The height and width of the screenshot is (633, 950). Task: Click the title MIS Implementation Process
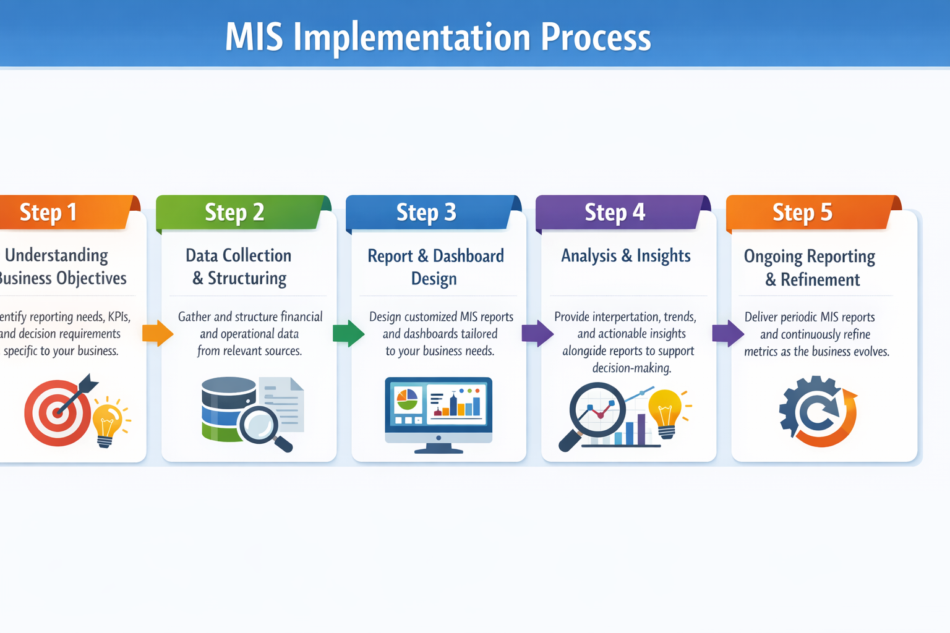[x=438, y=37]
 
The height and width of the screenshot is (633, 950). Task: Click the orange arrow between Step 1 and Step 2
[x=157, y=333]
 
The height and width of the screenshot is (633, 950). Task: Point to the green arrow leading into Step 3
[x=348, y=333]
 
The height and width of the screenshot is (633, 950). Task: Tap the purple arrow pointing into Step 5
[x=727, y=333]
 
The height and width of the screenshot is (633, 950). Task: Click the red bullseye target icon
[x=57, y=413]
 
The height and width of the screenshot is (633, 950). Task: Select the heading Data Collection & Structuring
[x=239, y=266]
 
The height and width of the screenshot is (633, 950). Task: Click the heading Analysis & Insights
[x=625, y=255]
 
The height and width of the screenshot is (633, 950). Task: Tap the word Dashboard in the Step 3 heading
[x=468, y=255]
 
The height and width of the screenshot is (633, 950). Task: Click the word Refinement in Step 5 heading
[x=819, y=279]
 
